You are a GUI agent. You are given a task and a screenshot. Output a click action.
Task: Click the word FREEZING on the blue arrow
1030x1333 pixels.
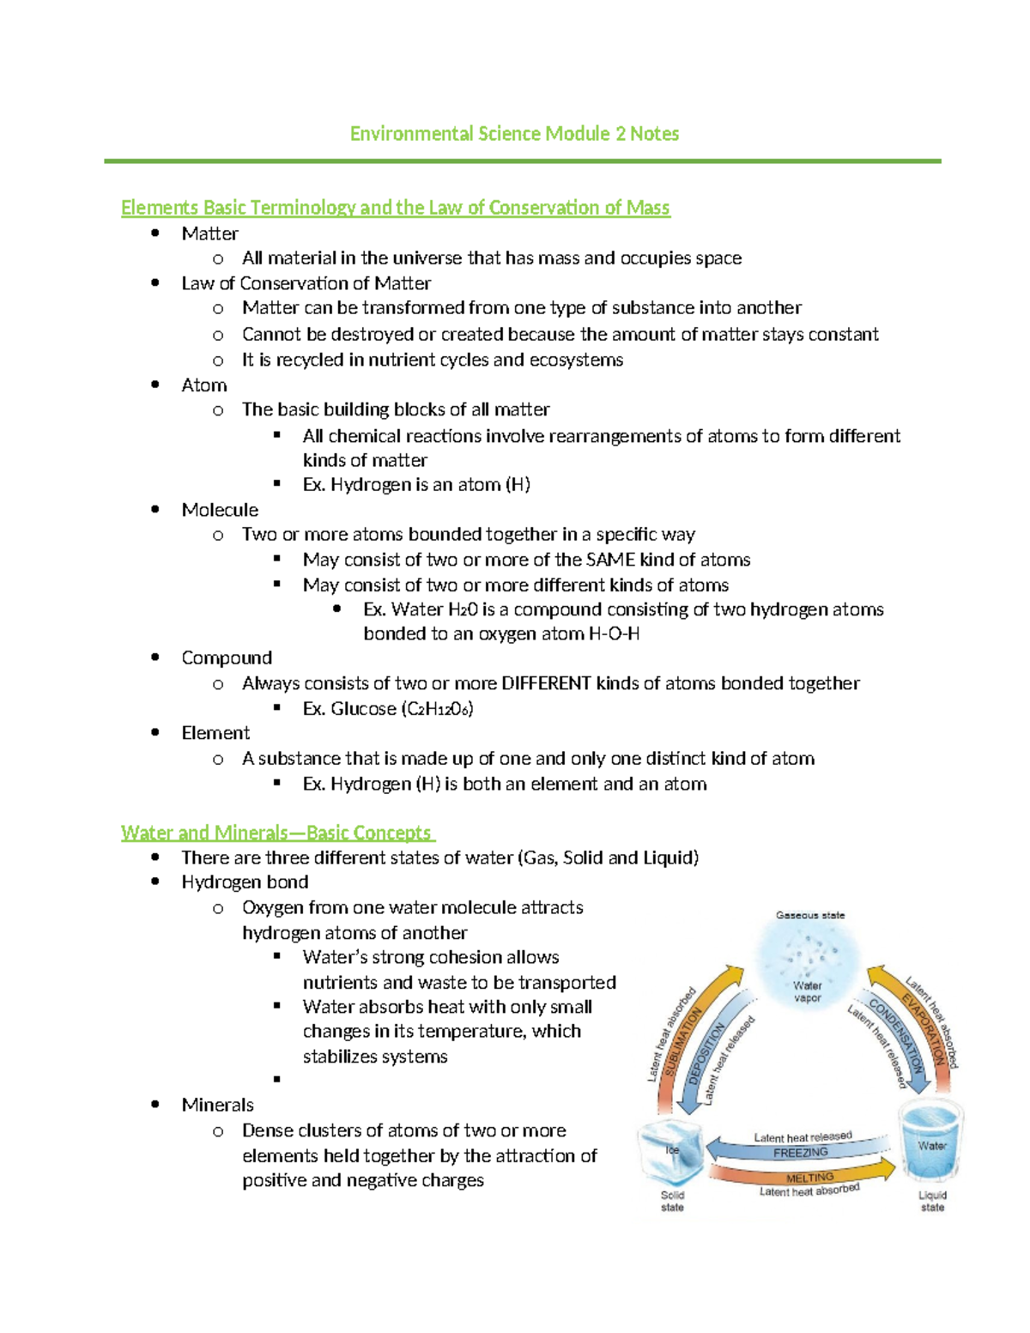(x=800, y=1153)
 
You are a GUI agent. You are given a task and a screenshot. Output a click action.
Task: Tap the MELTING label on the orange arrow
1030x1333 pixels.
(x=809, y=1177)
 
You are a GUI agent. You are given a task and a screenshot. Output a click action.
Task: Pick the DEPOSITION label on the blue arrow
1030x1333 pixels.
(x=706, y=1053)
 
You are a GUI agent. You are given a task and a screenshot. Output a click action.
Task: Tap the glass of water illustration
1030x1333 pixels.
(x=931, y=1142)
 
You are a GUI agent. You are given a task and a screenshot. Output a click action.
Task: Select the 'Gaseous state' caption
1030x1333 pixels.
(x=810, y=915)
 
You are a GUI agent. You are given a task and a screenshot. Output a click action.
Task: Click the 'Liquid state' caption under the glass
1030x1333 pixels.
(x=932, y=1201)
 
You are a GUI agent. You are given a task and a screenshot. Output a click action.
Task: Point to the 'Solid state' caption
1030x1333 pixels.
(x=672, y=1201)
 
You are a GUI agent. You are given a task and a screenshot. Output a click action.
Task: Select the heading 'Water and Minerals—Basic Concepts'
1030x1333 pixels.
(x=276, y=833)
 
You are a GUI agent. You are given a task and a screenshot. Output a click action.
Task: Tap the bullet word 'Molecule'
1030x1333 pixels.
(x=220, y=510)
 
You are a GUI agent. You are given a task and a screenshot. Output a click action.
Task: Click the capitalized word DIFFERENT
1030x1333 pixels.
(x=546, y=683)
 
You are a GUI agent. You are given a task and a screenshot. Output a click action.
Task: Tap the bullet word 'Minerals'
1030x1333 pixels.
(x=217, y=1105)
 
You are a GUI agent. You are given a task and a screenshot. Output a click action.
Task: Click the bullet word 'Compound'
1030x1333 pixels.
(x=227, y=657)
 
